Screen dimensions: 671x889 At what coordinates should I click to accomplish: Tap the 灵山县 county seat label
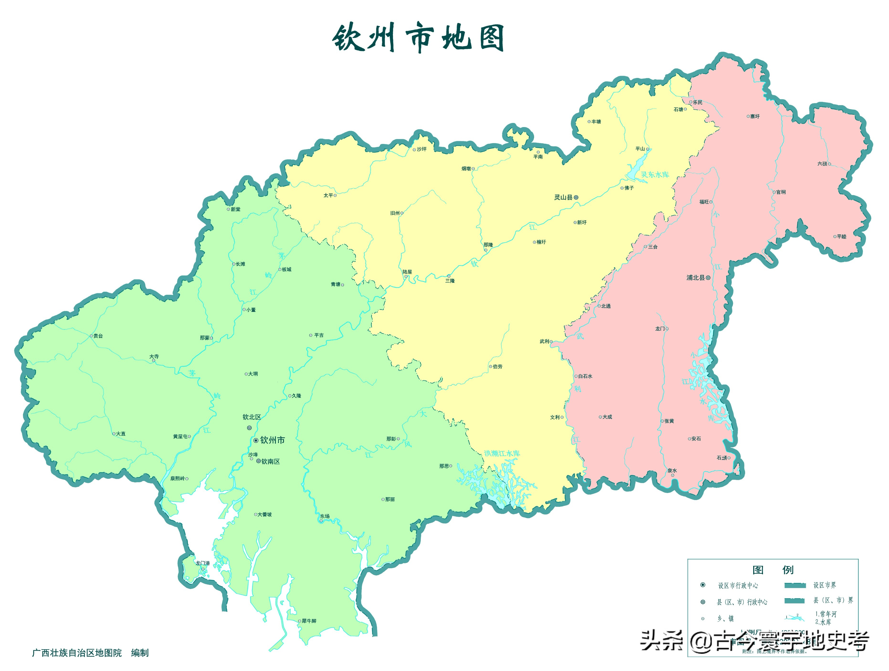pyautogui.click(x=563, y=197)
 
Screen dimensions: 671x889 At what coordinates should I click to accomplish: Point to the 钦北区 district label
pyautogui.click(x=252, y=417)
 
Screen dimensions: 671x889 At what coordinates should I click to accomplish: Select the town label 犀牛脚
pyautogui.click(x=309, y=621)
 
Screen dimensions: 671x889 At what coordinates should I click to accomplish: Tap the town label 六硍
pyautogui.click(x=822, y=164)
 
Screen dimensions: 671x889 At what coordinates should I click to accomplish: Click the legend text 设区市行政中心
pyautogui.click(x=738, y=585)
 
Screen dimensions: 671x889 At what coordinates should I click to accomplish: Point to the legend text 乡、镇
pyautogui.click(x=726, y=618)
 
